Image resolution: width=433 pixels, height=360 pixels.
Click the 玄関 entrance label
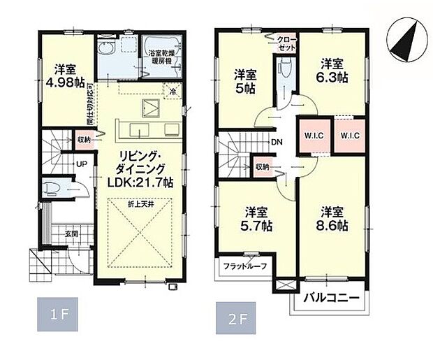click(x=53, y=233)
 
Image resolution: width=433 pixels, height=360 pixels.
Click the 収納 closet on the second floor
click(x=262, y=166)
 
